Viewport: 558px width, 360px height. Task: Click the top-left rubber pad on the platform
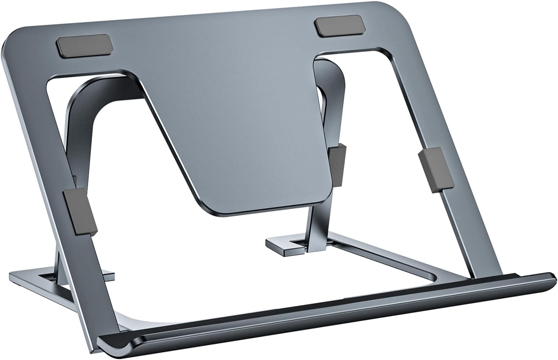point(84,46)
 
